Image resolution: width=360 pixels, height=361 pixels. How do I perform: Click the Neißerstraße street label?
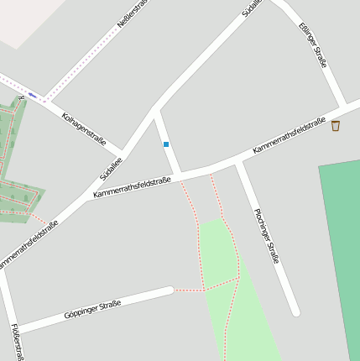tap(132, 15)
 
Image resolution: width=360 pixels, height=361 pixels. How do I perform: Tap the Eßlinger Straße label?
tap(312, 44)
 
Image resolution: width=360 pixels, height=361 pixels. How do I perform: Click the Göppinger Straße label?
tap(92, 309)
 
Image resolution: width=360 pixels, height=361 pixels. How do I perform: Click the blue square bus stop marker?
tap(166, 144)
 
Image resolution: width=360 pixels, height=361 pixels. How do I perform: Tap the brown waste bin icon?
tap(336, 126)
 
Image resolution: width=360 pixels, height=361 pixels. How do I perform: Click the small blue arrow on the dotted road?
tap(32, 95)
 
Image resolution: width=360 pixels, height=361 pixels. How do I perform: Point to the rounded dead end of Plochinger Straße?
tap(295, 312)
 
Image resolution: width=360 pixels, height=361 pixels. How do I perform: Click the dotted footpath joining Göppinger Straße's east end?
tap(189, 290)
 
